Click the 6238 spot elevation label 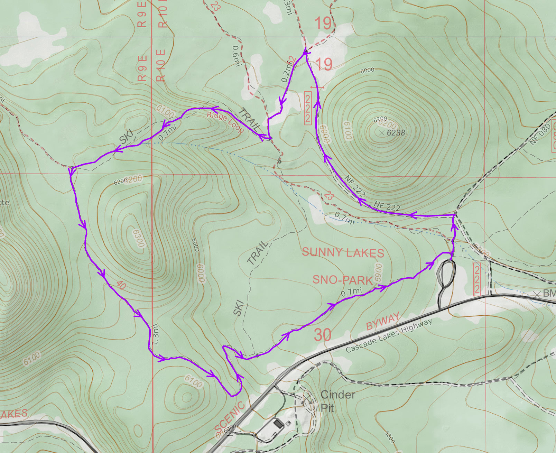(x=396, y=133)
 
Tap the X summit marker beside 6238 (x=382, y=132)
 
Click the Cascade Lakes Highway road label (x=389, y=335)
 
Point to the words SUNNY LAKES (x=343, y=252)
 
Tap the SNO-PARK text (x=342, y=279)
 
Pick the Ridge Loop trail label (x=225, y=122)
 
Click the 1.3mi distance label (x=155, y=334)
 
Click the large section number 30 (x=323, y=335)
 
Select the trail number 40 (x=121, y=285)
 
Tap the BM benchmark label (x=549, y=294)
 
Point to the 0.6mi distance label (x=236, y=56)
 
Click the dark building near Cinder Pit (x=278, y=423)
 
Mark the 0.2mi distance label (x=287, y=72)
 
